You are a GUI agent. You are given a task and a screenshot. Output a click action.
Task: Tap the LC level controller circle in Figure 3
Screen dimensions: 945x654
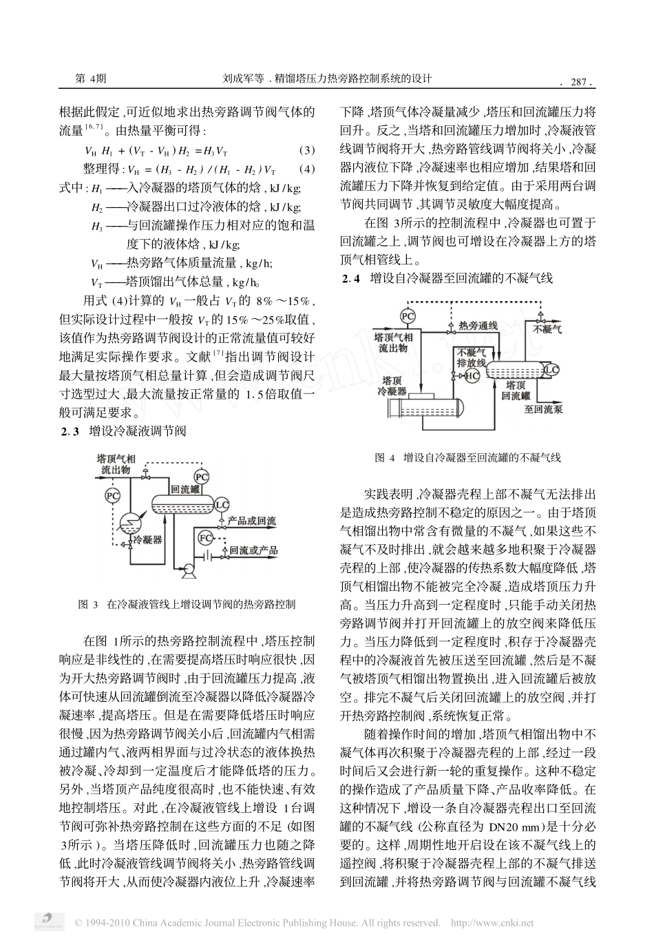222,505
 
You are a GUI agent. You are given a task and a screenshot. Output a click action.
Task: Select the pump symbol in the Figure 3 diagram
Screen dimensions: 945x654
184,569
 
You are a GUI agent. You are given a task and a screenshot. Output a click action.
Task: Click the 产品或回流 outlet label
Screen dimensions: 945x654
251,521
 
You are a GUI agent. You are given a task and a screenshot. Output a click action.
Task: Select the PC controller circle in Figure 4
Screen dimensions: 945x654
408,315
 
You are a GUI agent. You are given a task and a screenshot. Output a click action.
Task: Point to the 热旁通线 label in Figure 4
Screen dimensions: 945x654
477,324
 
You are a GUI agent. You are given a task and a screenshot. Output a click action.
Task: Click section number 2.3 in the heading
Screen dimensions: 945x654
70,432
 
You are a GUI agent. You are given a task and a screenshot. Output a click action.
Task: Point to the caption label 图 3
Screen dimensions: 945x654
89,605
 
